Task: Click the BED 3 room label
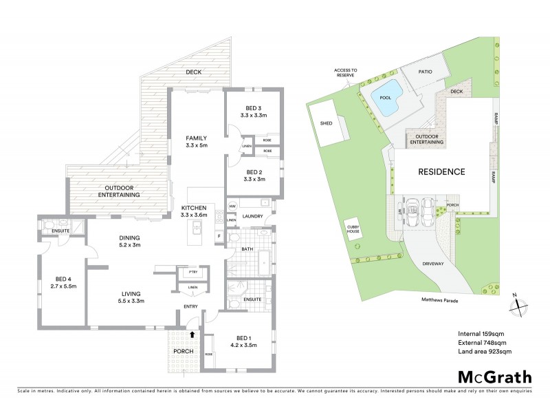click(x=254, y=109)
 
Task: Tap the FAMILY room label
click(x=196, y=138)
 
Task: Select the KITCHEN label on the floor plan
click(x=195, y=207)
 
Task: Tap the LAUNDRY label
click(x=252, y=216)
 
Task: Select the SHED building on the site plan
click(x=326, y=123)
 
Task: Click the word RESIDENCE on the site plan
click(x=440, y=171)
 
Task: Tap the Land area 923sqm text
click(x=485, y=352)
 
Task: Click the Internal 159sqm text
click(x=482, y=334)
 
